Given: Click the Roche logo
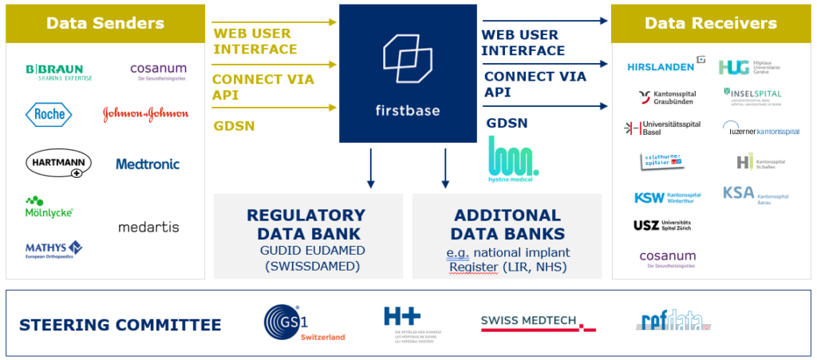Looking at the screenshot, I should coord(48,114).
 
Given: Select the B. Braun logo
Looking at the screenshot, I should coord(58,72).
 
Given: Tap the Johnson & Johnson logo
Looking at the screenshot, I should coord(146,115).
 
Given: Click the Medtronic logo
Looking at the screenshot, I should coord(148,164).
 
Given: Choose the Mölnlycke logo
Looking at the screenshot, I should coord(49,208).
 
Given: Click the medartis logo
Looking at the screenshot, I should coord(148,227).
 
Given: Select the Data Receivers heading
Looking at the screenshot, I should coord(710,23).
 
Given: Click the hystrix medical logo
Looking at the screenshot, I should coord(513,157).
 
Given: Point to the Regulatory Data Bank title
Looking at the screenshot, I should coord(306,224).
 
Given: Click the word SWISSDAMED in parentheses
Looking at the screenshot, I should coord(306,266).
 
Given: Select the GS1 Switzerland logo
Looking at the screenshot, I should coord(304,323).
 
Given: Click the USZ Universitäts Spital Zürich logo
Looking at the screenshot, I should coord(662,225).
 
